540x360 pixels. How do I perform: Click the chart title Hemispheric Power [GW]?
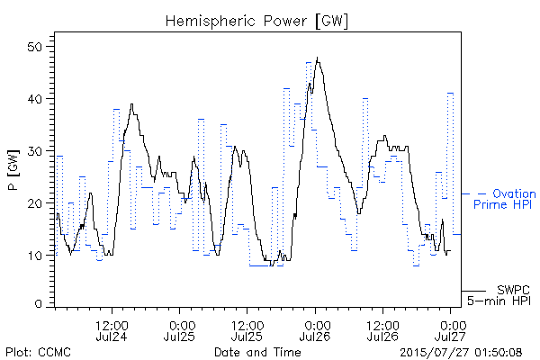coord(256,22)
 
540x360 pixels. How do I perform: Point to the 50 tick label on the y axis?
coord(35,47)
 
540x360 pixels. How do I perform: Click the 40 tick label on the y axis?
coord(35,99)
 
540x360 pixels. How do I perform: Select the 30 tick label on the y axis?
coord(35,151)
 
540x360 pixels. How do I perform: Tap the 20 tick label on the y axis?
coord(35,202)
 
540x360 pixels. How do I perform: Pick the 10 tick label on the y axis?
coord(35,256)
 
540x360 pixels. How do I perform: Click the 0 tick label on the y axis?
coord(39,304)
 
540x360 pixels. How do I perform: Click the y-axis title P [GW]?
coord(13,170)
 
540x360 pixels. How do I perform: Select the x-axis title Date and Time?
coord(257,352)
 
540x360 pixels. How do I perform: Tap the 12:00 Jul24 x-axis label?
coord(112,330)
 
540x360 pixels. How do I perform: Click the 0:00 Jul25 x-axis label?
coord(179,330)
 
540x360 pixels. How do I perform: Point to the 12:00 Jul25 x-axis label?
coord(247,330)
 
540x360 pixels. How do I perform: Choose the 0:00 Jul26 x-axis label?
coord(315,330)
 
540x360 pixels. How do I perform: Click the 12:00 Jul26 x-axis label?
coord(382,330)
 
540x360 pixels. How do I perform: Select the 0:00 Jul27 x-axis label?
coord(451,330)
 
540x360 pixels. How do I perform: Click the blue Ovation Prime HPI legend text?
coord(505,199)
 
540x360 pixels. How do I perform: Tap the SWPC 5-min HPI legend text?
coord(499,295)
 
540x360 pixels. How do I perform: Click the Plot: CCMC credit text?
coord(38,352)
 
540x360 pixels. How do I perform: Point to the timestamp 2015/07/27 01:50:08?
coord(461,352)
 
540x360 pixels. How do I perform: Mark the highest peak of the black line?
coord(317,58)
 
